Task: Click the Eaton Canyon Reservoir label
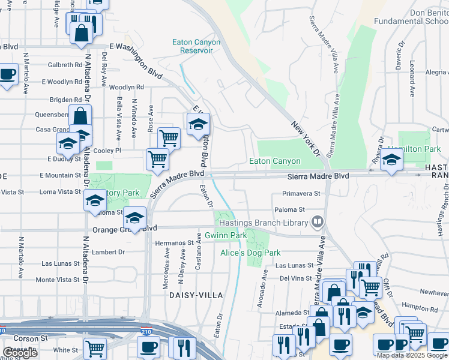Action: click(196, 46)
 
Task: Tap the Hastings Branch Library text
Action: click(263, 223)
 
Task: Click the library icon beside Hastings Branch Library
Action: click(318, 223)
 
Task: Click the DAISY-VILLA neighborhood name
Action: click(196, 295)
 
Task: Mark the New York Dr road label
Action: click(306, 137)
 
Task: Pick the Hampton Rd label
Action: click(417, 305)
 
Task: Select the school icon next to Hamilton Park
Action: click(391, 160)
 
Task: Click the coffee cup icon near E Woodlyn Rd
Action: click(7, 75)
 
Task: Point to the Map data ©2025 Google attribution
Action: click(412, 355)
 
